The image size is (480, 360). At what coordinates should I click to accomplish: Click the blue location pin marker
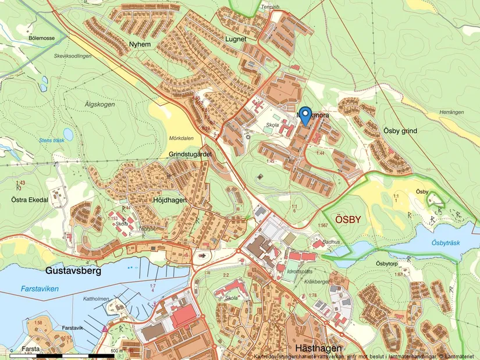point(306,113)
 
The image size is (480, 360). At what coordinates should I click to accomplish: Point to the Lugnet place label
point(236,38)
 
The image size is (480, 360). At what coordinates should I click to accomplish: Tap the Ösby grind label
point(400,131)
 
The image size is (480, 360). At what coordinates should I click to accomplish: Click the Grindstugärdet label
point(189,154)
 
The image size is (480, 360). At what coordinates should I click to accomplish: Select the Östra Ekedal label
point(29,199)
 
